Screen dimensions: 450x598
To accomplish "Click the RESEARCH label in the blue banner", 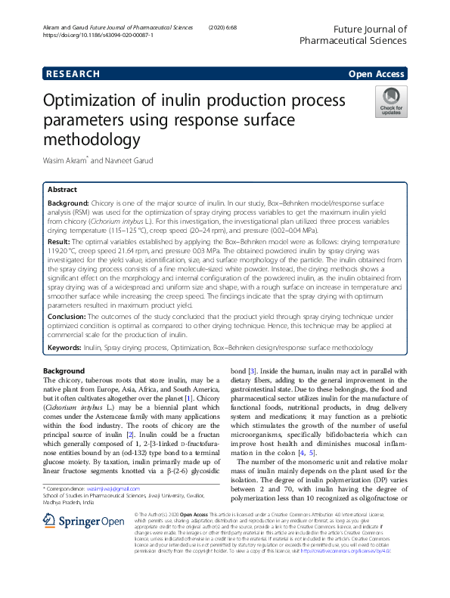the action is pyautogui.click(x=73, y=74).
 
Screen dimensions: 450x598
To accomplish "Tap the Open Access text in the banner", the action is pyautogui.click(x=377, y=74).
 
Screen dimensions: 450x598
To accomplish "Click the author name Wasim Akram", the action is pyautogui.click(x=66, y=160).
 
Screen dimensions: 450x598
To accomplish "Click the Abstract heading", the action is pyautogui.click(x=63, y=191).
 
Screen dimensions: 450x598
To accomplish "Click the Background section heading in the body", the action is pyautogui.click(x=64, y=371).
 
